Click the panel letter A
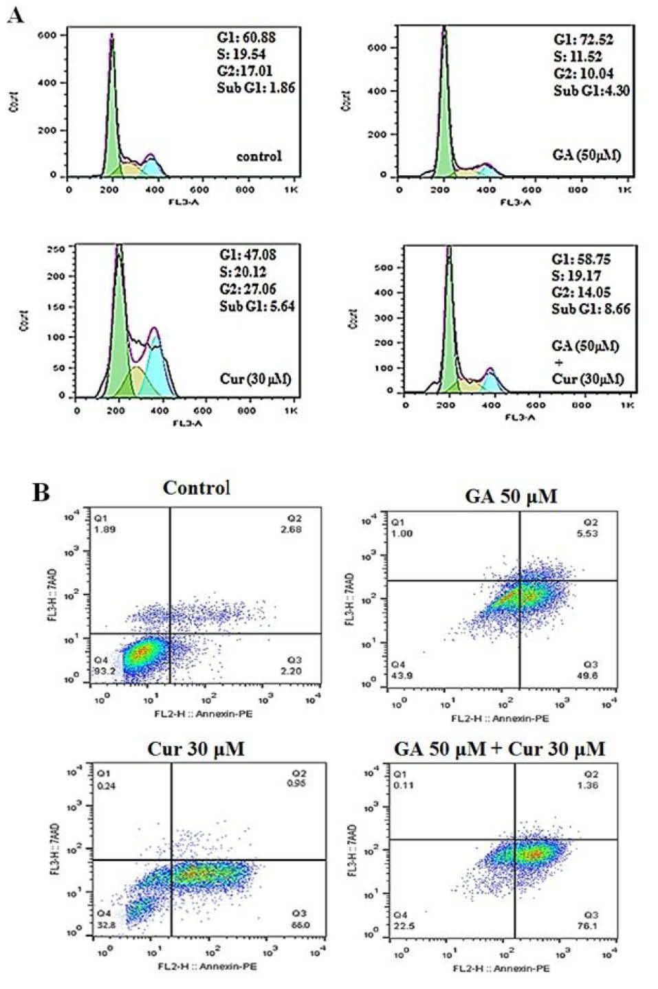tap(14, 14)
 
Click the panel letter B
tap(41, 493)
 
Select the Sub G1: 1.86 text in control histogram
tap(256, 87)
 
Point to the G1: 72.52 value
tap(583, 39)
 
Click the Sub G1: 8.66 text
tap(591, 309)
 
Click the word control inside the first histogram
tap(259, 156)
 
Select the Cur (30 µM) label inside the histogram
tap(256, 379)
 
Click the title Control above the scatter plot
tap(196, 488)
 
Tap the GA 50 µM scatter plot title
tap(511, 496)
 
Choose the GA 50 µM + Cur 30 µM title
tap(499, 748)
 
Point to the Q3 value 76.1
tap(589, 926)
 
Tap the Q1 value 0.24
tap(106, 786)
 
